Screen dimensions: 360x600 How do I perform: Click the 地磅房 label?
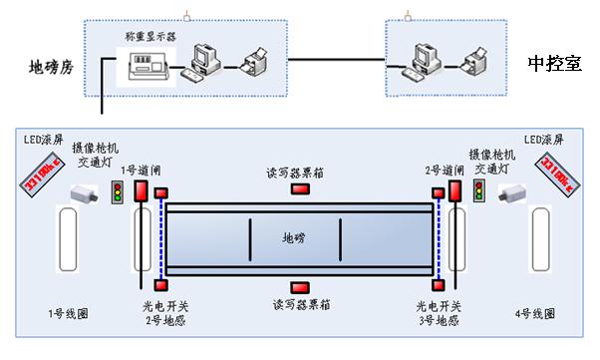[x=51, y=69]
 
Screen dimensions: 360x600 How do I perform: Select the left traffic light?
[x=119, y=191]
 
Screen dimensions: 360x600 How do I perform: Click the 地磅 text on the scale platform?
[x=295, y=237]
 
